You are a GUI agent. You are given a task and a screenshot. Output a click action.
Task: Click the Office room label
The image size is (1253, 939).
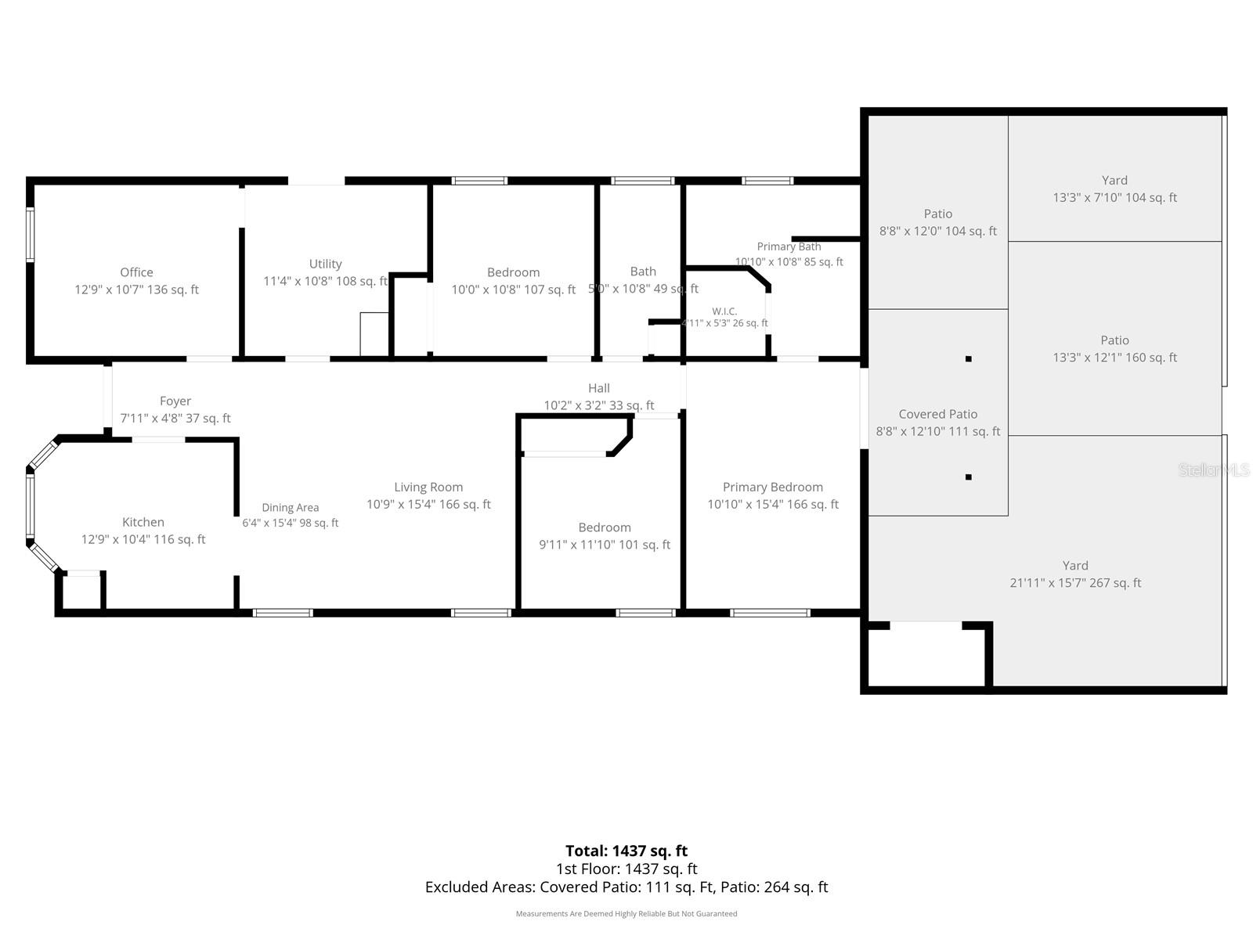coord(136,272)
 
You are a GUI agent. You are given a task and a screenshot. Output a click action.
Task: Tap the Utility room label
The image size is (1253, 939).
coord(325,264)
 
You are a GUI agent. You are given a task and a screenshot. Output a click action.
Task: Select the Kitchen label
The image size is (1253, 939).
coord(143,522)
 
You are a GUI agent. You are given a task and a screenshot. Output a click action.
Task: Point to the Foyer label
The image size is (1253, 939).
coord(175,401)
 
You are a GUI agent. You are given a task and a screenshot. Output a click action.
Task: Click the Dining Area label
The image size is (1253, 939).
coord(290,508)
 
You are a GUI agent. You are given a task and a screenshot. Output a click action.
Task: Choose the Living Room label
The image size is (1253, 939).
coord(428,487)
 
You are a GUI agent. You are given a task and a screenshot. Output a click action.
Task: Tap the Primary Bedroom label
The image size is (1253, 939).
coord(773,487)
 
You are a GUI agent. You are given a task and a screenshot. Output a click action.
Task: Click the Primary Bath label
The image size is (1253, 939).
coord(789,246)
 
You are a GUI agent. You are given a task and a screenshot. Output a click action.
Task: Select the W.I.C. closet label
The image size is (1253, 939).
coord(724,311)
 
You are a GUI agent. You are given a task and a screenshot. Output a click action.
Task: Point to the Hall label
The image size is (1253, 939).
coord(599,388)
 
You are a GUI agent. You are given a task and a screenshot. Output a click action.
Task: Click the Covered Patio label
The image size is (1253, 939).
coord(938,415)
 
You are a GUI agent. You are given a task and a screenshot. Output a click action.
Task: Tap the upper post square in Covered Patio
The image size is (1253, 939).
coord(968,358)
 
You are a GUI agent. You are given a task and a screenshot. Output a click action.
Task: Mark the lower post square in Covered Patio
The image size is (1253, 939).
coord(968,477)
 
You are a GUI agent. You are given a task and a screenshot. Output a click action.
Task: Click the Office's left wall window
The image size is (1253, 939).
coord(31,235)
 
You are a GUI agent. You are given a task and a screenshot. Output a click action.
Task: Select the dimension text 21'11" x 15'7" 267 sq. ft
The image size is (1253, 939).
coord(1075,583)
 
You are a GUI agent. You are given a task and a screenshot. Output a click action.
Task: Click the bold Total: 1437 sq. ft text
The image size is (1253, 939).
coord(626,851)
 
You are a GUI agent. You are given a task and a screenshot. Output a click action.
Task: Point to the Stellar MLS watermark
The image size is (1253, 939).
coord(1214,469)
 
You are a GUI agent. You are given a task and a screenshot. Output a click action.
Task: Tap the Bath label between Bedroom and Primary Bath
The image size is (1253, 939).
coord(643,272)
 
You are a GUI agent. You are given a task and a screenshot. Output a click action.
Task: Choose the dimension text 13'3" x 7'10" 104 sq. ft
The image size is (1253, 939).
coord(1115,198)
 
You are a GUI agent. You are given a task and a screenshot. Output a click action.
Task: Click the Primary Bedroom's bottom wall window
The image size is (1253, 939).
coord(770,613)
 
